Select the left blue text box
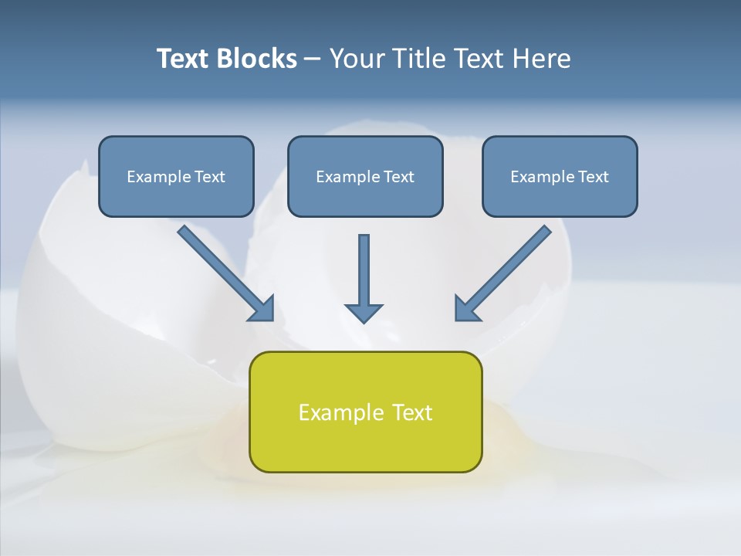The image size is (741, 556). (176, 176)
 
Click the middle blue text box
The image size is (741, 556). (365, 176)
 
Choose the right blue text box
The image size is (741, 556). (560, 176)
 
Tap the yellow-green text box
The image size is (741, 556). (365, 412)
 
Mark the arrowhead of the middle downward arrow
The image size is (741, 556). (364, 311)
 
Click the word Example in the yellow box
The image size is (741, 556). (335, 412)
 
